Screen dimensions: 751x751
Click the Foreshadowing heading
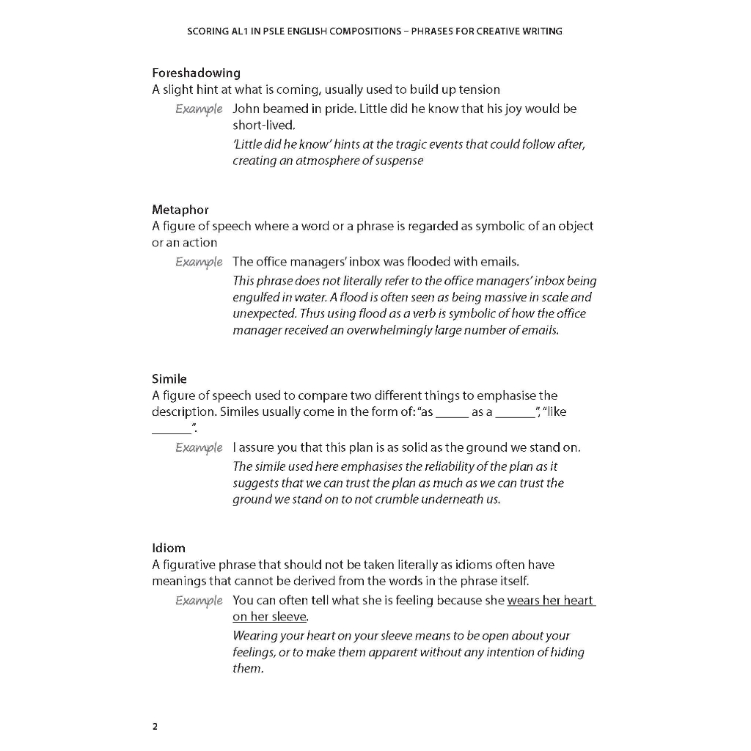[196, 73]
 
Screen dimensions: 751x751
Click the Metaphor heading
[180, 210]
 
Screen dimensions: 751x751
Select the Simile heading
[169, 378]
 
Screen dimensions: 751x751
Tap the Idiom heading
[169, 548]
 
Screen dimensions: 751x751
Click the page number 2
[155, 727]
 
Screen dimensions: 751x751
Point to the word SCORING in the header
[208, 31]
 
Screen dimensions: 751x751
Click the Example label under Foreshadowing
[199, 109]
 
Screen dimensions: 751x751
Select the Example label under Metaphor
[199, 262]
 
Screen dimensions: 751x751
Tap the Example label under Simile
[199, 447]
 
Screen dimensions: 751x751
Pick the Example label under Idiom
[199, 601]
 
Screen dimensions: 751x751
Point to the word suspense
[398, 161]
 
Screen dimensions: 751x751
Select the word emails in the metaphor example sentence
[499, 262]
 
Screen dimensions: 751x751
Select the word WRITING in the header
[541, 31]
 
